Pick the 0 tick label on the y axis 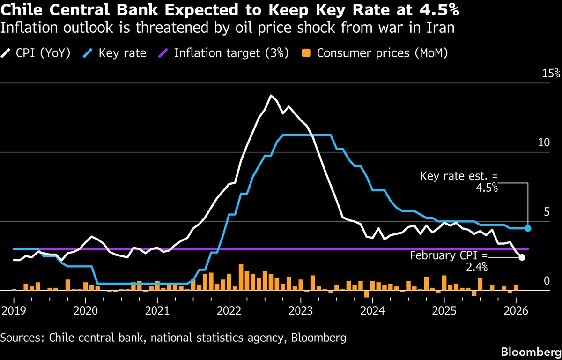(546, 281)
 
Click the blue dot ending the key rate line (528, 228)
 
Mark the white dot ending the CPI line (522, 257)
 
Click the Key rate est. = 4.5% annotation (459, 182)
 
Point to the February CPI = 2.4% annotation (449, 262)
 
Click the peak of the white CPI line (271, 96)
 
